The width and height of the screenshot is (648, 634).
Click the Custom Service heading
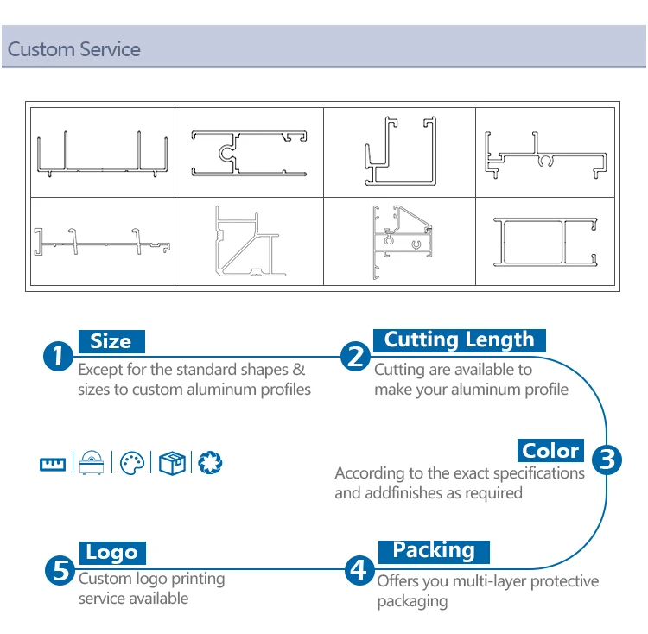click(x=74, y=49)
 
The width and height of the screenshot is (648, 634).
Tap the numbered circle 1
click(x=58, y=356)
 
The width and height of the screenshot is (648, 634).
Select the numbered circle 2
click(x=355, y=356)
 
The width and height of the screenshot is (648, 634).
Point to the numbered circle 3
click(x=607, y=459)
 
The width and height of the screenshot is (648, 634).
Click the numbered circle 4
click(x=359, y=569)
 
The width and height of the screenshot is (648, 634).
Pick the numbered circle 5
click(x=59, y=569)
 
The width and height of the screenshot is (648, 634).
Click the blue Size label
click(x=111, y=341)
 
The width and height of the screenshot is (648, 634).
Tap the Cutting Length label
click(x=459, y=339)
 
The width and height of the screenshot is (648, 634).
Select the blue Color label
click(x=550, y=450)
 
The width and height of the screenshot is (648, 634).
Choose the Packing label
click(x=434, y=550)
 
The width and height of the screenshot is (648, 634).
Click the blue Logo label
click(x=111, y=553)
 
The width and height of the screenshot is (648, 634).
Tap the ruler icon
click(x=53, y=464)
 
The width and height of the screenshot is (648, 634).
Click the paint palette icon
click(x=130, y=463)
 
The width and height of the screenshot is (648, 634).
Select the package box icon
click(x=171, y=463)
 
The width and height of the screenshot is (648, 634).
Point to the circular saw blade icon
click(x=210, y=463)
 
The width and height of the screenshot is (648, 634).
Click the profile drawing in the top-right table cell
click(x=542, y=154)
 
